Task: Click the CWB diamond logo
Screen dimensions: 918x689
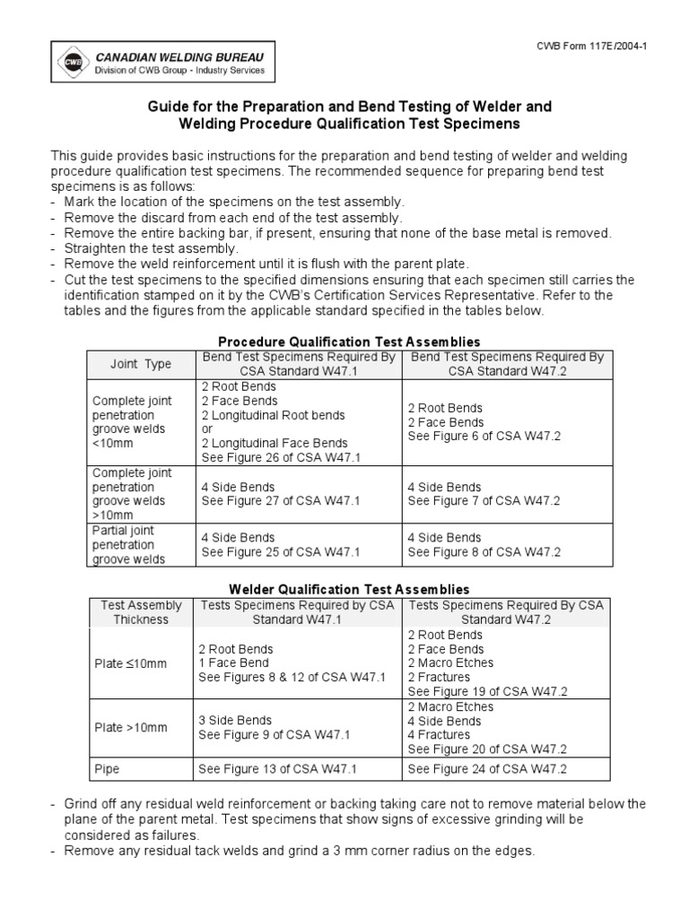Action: [69, 62]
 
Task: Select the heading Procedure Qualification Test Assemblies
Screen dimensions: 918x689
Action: [350, 342]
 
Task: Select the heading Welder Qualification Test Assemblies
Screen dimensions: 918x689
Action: [350, 589]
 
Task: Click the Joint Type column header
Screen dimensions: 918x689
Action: [140, 365]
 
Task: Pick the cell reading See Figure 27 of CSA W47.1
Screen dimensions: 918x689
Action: [280, 501]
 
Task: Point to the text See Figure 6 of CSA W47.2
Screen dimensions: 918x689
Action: [484, 436]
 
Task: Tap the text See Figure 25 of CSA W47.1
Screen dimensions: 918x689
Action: [280, 551]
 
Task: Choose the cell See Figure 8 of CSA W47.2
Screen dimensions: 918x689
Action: [484, 551]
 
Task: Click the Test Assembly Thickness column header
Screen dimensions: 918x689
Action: [140, 612]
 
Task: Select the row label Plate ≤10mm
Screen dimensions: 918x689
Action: [130, 663]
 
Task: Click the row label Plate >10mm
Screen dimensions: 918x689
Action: [130, 727]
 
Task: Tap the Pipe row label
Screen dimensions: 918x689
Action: [107, 769]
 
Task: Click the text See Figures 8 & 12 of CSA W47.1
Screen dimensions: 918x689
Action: [292, 677]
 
